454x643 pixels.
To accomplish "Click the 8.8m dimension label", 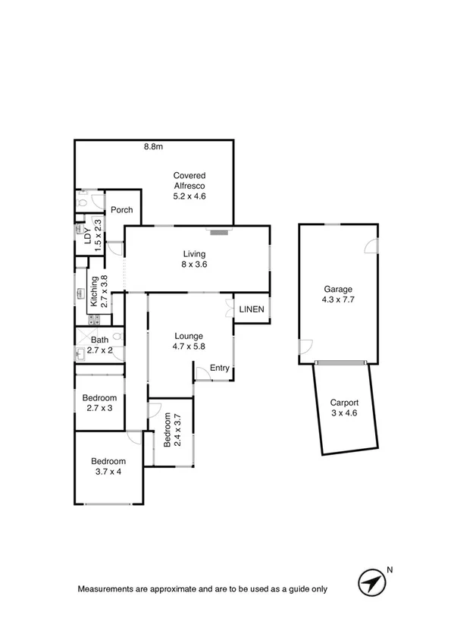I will pyautogui.click(x=154, y=147).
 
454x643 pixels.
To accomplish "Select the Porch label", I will pyautogui.click(x=122, y=210).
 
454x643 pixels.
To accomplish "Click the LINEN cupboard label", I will pyautogui.click(x=251, y=309).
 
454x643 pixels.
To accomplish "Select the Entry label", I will pyautogui.click(x=220, y=369).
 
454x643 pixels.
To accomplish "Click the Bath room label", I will pyautogui.click(x=99, y=341).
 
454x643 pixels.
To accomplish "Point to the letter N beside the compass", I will pyautogui.click(x=390, y=569).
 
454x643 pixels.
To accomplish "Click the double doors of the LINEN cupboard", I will pyautogui.click(x=229, y=309).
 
